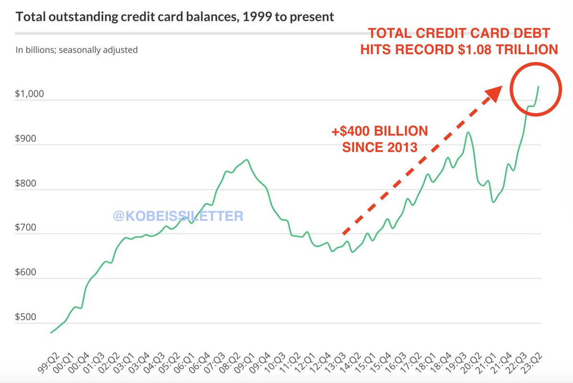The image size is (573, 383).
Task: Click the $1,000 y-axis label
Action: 30,94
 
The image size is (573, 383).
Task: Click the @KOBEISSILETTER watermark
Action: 178,216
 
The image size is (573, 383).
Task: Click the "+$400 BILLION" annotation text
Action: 380,131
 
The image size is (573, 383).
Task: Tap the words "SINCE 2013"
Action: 380,147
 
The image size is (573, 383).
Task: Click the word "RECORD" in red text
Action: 421,49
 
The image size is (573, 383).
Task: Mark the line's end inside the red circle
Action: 539,86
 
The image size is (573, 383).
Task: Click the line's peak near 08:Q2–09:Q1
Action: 246,160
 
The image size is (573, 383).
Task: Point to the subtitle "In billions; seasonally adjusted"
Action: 77,50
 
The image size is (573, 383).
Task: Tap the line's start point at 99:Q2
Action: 51,332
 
